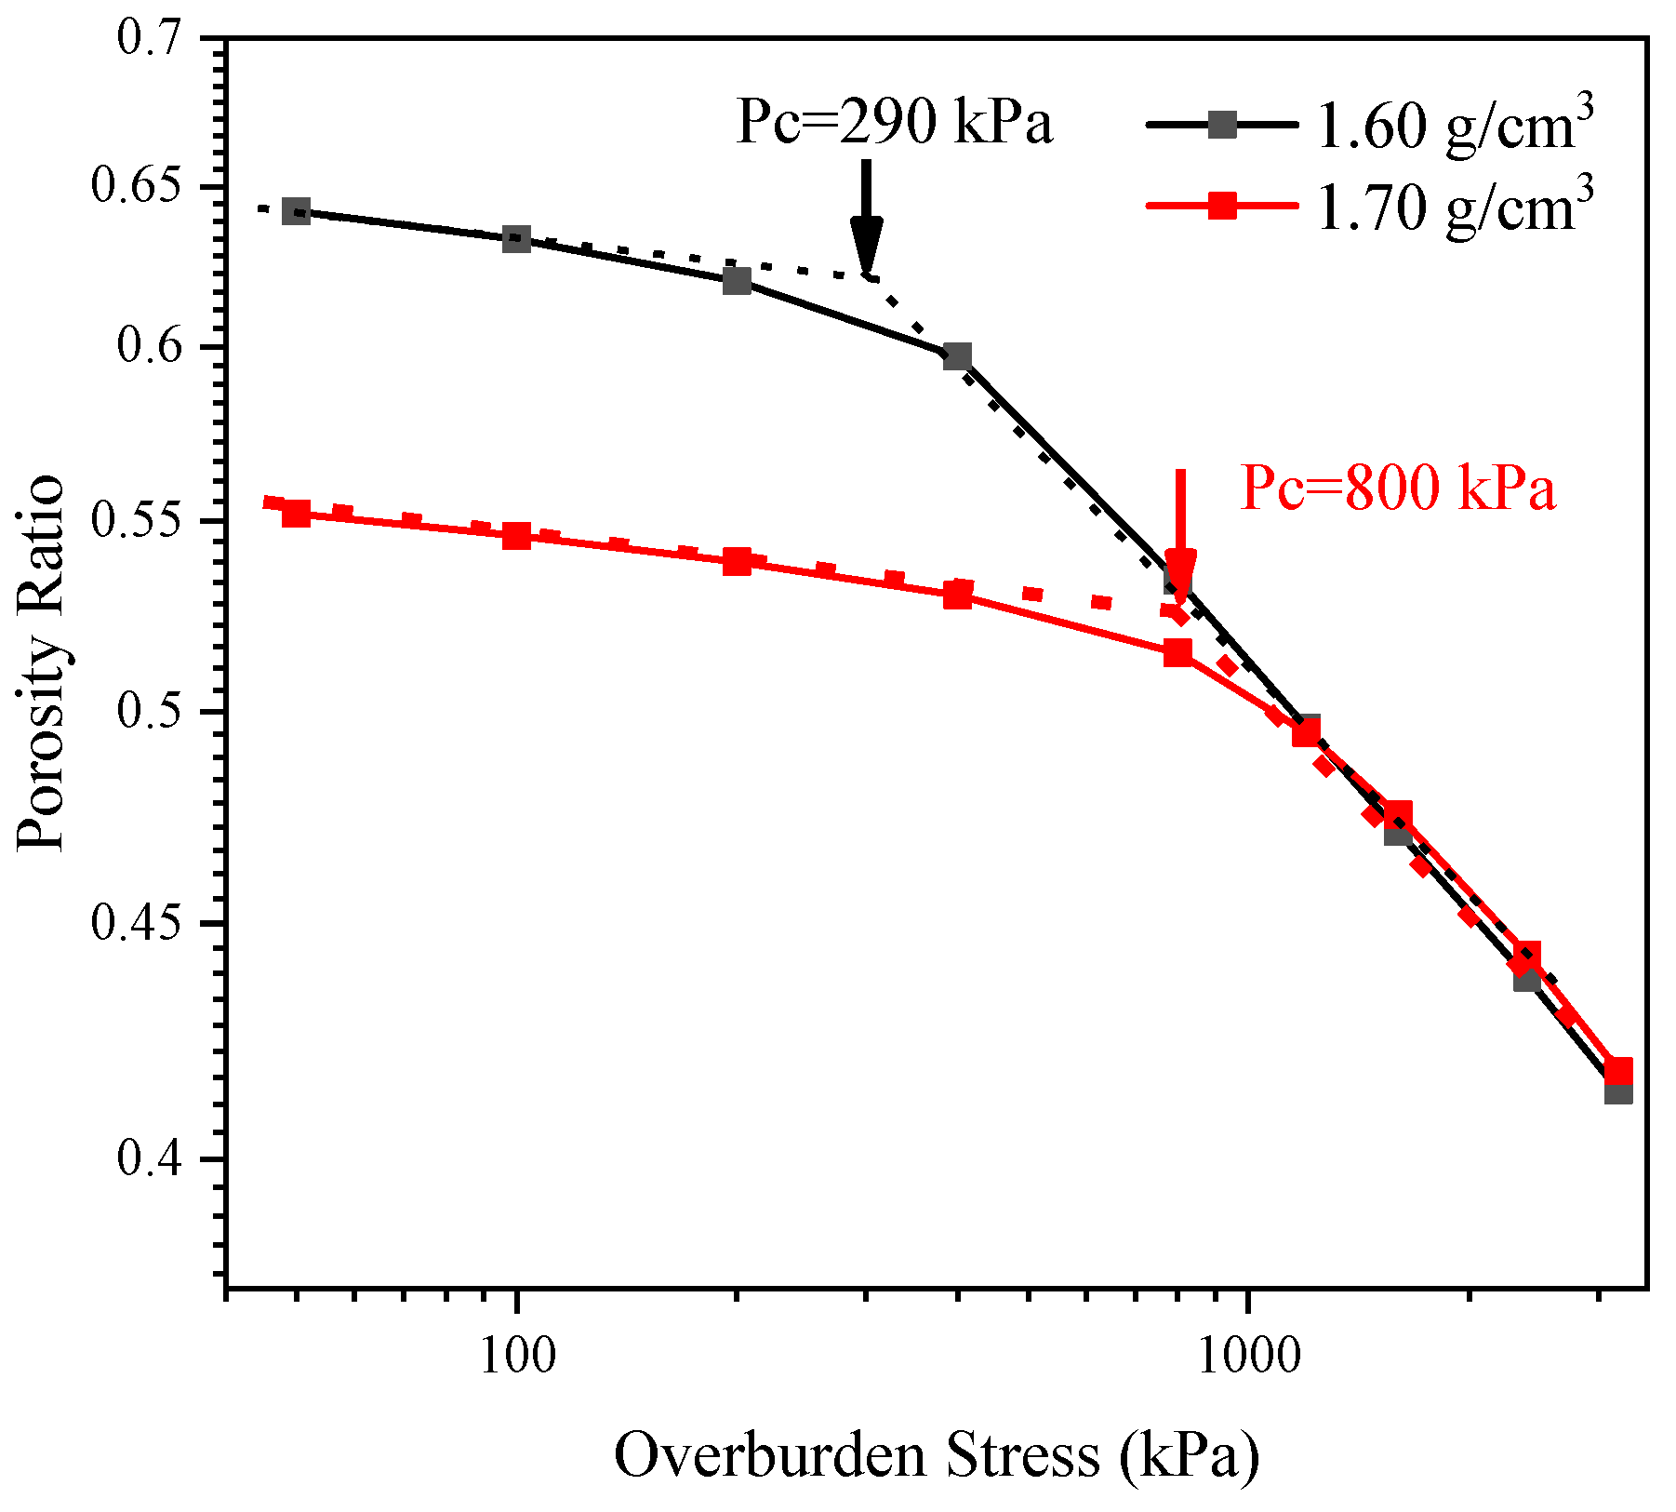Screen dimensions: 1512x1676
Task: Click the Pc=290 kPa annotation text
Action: (894, 122)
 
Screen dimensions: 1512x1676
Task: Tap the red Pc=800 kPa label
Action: (1397, 488)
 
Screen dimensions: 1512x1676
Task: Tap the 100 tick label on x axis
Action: (518, 1357)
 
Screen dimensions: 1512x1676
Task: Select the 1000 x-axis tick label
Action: (1246, 1357)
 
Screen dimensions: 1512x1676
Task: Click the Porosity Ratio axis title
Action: (42, 662)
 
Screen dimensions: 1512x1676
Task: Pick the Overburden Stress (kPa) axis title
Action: (936, 1455)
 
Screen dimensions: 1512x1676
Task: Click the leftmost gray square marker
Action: (296, 211)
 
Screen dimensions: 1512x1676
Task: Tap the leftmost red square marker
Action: (296, 513)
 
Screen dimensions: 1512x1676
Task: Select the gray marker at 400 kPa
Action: (957, 356)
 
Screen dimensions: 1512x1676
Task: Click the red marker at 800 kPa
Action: (1177, 652)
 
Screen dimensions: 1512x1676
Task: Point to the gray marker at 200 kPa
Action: (737, 280)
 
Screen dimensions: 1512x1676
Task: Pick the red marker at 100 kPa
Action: (516, 536)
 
